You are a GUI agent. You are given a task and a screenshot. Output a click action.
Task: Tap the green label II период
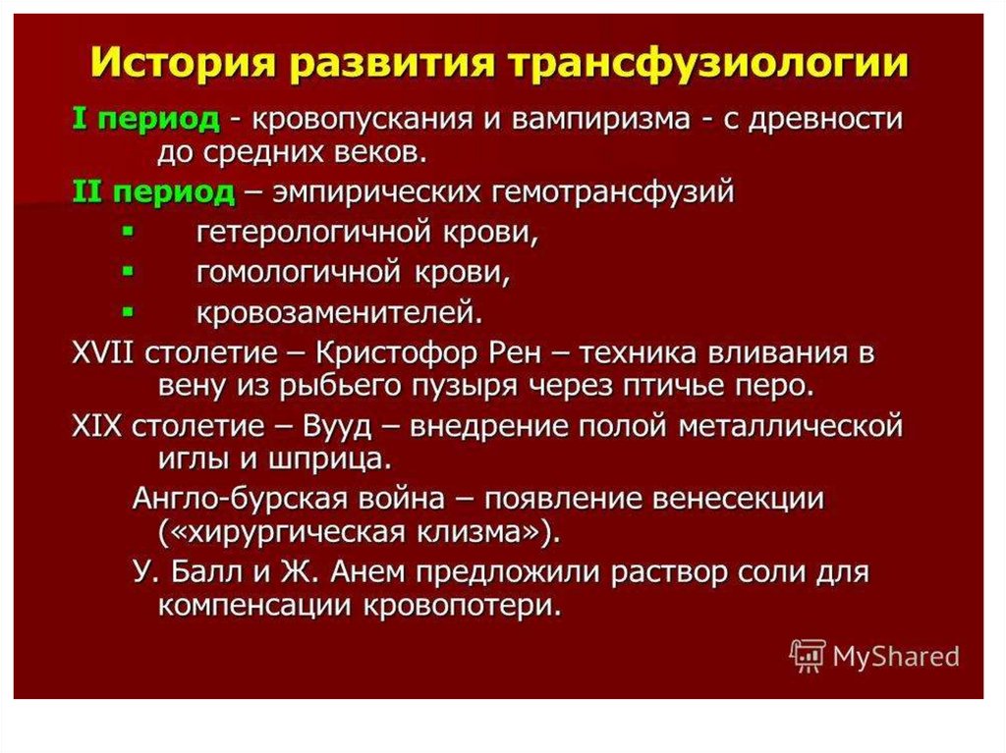153,191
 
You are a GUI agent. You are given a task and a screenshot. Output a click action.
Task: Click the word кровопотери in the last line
470,605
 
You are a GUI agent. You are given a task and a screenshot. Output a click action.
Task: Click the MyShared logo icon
808,656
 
